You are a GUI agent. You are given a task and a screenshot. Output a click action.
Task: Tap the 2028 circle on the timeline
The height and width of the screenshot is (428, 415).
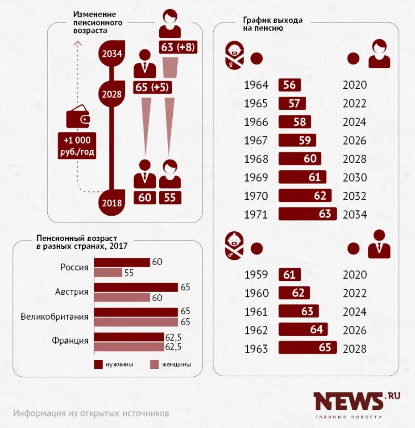click(x=112, y=94)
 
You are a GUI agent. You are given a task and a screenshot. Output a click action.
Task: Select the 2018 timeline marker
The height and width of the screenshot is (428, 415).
click(x=112, y=203)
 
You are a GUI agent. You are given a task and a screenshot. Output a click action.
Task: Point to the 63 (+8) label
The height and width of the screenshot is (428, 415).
click(x=178, y=47)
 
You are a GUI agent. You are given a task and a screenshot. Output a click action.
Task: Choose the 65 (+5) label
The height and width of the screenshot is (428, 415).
click(x=152, y=87)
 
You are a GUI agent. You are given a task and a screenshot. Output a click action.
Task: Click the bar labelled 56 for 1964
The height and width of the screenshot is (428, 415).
click(x=290, y=85)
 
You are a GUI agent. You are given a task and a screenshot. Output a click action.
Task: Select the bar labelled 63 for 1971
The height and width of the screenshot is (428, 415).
click(x=307, y=214)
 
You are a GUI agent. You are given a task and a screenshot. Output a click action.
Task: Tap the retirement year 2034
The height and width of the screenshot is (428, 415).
click(x=354, y=214)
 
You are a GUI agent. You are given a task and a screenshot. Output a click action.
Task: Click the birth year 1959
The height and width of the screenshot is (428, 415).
click(x=256, y=275)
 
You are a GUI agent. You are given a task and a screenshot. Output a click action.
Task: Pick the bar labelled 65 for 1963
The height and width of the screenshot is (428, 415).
click(x=307, y=348)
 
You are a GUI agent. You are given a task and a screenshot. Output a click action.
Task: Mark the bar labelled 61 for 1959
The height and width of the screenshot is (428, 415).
click(x=290, y=275)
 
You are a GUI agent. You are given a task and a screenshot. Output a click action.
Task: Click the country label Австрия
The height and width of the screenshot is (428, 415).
click(x=72, y=292)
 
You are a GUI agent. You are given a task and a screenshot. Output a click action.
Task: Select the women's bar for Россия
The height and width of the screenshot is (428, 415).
click(x=108, y=273)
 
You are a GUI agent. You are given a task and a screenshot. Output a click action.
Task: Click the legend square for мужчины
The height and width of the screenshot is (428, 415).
click(x=99, y=365)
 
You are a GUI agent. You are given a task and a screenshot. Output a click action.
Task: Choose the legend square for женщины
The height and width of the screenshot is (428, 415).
click(x=154, y=365)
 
